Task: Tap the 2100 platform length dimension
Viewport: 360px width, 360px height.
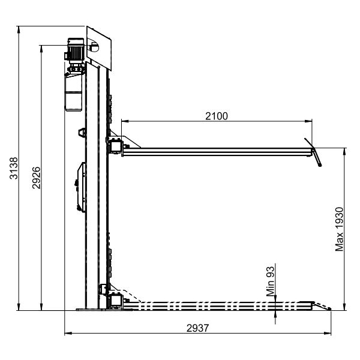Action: coord(217,116)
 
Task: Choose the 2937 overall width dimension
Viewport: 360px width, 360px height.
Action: coord(199,328)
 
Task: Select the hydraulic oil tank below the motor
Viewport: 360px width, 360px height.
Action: coord(73,90)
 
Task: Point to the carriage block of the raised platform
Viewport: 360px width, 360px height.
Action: coord(115,145)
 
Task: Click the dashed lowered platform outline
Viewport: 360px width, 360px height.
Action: coord(216,306)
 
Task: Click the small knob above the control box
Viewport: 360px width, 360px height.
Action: coord(81,132)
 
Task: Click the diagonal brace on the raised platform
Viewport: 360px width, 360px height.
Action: coord(133,144)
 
